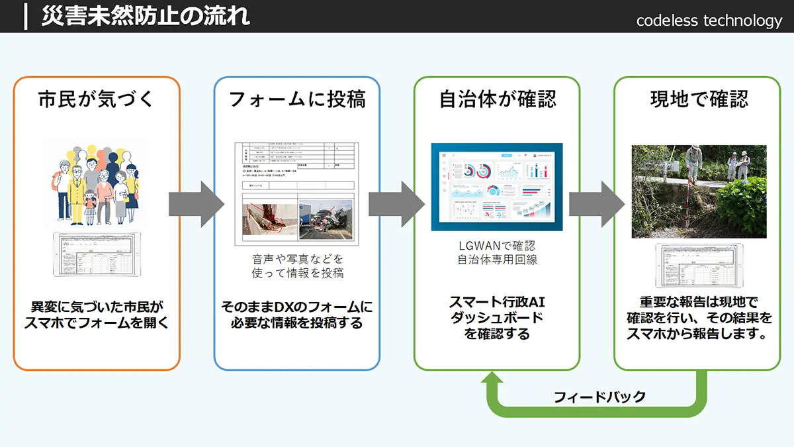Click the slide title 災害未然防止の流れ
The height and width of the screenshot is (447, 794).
[146, 16]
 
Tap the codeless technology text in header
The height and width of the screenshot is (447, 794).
[709, 21]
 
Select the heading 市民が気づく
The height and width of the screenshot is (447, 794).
[97, 99]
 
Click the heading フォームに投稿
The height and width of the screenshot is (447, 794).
[296, 99]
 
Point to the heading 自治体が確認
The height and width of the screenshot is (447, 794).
[497, 99]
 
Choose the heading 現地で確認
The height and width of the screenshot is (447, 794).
[698, 99]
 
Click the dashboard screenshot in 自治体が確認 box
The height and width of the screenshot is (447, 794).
[496, 187]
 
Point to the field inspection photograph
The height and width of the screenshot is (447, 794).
[699, 191]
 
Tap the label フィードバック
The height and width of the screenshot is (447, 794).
[599, 397]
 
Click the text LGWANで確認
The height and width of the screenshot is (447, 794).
[497, 246]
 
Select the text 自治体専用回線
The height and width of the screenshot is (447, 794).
[497, 260]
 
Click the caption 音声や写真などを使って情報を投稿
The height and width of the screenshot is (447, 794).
[297, 266]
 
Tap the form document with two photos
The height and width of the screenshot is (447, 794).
[296, 191]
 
